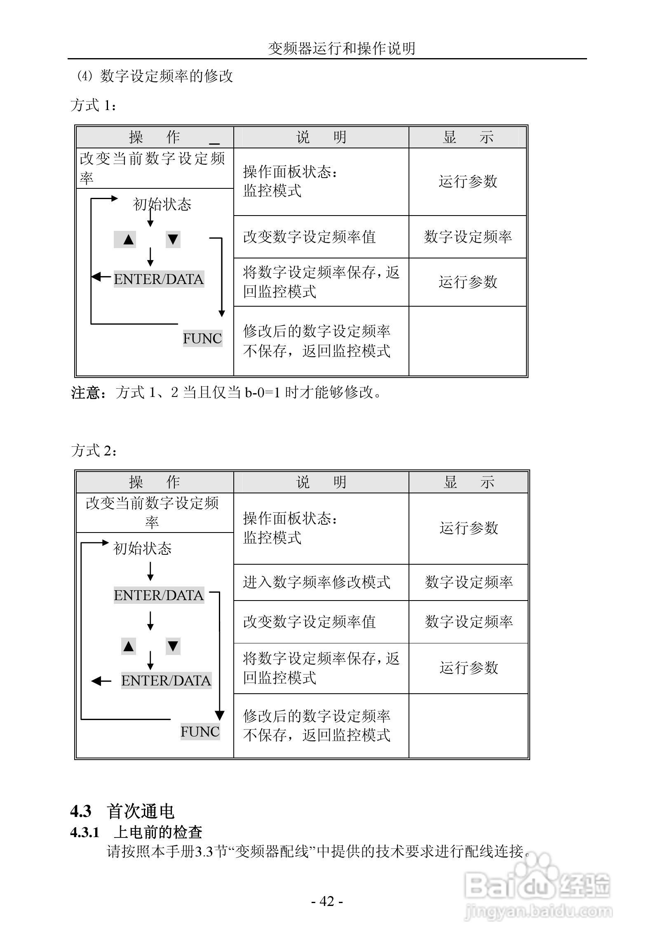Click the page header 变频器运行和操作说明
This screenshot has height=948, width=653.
tap(341, 49)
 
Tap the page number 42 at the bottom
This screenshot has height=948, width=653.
tap(326, 901)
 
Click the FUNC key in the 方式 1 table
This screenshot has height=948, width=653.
tap(202, 338)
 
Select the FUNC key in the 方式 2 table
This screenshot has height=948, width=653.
tap(200, 732)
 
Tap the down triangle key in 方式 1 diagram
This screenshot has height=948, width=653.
tap(173, 239)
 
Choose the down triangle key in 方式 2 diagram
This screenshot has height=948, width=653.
tap(173, 646)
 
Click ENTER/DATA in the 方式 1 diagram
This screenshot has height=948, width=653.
tap(159, 279)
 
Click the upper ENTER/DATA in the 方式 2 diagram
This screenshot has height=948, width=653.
tap(159, 595)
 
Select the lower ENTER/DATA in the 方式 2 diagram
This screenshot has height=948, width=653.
tap(166, 680)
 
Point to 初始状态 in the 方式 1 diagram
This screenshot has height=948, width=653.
tap(162, 204)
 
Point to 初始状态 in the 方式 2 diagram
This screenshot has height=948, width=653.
tap(142, 549)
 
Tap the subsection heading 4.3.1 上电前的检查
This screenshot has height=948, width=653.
tap(136, 833)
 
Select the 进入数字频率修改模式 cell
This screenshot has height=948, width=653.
tap(316, 582)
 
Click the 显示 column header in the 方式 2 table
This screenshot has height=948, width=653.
tap(468, 482)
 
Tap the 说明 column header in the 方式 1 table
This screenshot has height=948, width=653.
tap(321, 137)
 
